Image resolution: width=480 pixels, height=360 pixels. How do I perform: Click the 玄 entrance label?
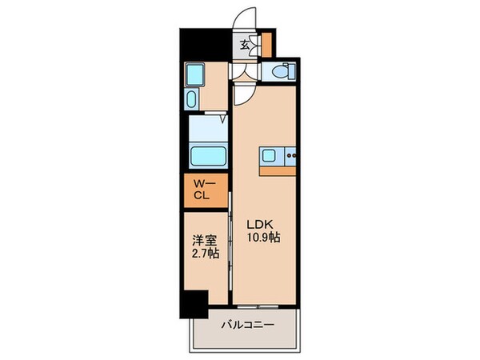[244, 45]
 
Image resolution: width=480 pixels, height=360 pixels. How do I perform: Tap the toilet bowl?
[282, 72]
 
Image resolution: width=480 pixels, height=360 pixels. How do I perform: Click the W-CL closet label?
[201, 191]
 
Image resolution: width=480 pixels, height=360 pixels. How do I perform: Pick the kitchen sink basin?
[270, 155]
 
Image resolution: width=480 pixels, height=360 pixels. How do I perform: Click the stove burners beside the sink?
[290, 155]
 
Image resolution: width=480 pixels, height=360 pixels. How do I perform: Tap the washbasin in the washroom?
[192, 100]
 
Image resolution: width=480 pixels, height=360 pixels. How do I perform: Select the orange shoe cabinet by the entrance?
[266, 44]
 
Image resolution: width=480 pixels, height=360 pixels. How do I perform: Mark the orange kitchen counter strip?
[277, 170]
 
